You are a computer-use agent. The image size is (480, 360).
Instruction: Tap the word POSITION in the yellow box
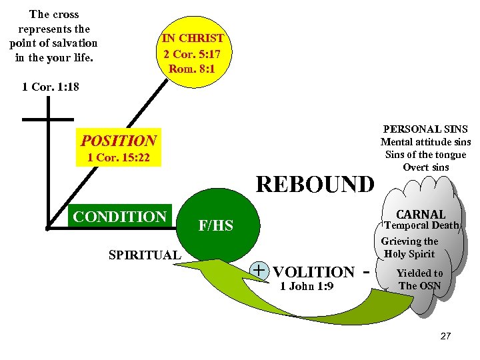tap(118, 141)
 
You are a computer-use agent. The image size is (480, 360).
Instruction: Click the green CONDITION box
tap(120, 217)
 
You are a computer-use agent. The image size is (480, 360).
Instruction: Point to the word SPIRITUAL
tap(144, 255)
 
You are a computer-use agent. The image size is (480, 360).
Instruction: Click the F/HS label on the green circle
tap(216, 226)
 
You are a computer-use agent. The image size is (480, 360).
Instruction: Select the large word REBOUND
tap(315, 183)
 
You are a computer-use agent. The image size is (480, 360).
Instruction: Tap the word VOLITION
tap(314, 272)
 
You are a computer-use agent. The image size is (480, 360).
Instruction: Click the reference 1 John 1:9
tap(307, 287)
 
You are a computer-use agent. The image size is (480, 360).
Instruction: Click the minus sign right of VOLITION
tap(365, 271)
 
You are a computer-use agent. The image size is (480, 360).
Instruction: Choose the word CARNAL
tap(421, 214)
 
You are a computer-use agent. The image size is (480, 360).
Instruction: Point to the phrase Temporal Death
tap(422, 225)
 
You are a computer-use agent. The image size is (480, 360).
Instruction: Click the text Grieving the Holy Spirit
tap(409, 247)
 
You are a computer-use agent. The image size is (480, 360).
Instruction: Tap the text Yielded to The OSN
tap(419, 279)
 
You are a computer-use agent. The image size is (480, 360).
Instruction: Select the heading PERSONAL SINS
tap(425, 129)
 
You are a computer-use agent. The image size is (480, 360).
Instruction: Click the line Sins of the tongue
tap(425, 154)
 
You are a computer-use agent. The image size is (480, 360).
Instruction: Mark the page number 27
tap(446, 336)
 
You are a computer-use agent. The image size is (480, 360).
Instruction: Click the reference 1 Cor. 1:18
tap(50, 87)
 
